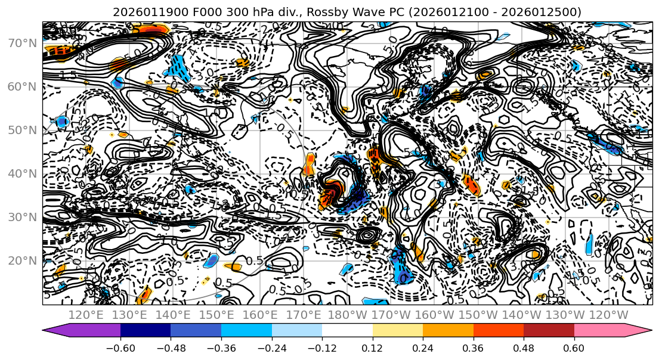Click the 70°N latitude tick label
tap(21, 43)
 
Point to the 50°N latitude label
tap(21, 130)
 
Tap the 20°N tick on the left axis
tap(21, 260)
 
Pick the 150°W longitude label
tap(477, 315)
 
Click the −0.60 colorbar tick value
tap(120, 347)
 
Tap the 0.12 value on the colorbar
tap(372, 347)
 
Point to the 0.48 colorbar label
tap(524, 347)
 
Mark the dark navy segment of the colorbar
tap(146, 331)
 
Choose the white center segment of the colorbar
tap(347, 331)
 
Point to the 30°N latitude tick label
tap(21, 217)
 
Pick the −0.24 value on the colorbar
tap(271, 347)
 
